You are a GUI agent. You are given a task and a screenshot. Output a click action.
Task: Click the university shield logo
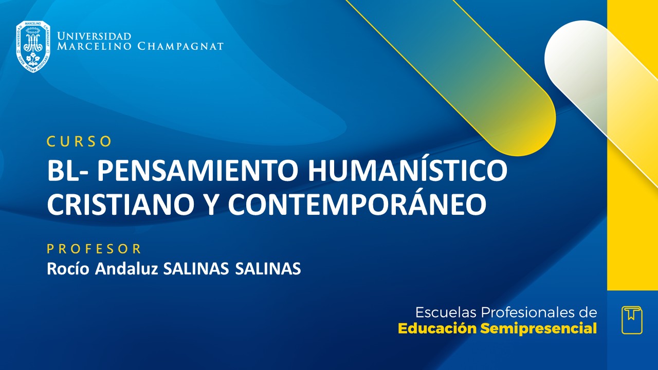click(33, 46)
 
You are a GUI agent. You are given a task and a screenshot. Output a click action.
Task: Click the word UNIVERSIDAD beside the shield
click(94, 36)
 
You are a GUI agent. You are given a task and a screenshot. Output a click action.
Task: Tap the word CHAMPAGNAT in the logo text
click(180, 47)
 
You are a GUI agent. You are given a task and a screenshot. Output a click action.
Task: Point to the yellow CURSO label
click(79, 141)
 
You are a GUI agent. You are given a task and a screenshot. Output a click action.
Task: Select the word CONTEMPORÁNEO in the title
click(357, 204)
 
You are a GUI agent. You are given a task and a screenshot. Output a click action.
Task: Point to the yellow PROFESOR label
click(94, 249)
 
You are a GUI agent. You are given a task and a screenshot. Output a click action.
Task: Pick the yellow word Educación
click(437, 329)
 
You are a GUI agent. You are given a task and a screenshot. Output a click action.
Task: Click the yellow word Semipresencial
click(538, 329)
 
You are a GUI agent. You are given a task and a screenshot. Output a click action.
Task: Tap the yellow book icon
click(632, 320)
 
